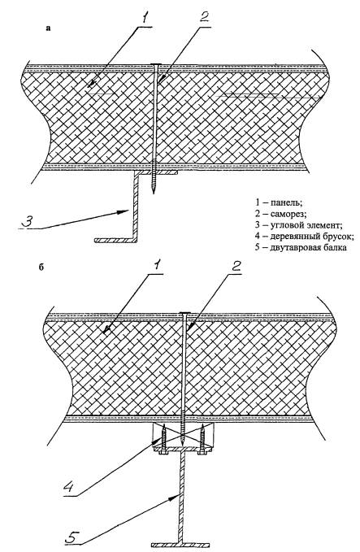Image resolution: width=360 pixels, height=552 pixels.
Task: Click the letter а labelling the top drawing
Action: tap(48, 28)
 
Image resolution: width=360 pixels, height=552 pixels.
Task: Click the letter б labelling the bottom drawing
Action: tap(41, 267)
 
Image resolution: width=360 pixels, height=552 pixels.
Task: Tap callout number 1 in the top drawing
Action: tap(145, 17)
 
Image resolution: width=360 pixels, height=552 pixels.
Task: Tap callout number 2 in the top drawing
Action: tap(205, 16)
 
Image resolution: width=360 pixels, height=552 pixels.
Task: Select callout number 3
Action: tap(28, 220)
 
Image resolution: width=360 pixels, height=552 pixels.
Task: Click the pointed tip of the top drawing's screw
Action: tap(154, 193)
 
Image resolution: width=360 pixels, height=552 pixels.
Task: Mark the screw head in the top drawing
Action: tap(156, 64)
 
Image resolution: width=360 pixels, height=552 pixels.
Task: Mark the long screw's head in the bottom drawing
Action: tap(184, 313)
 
